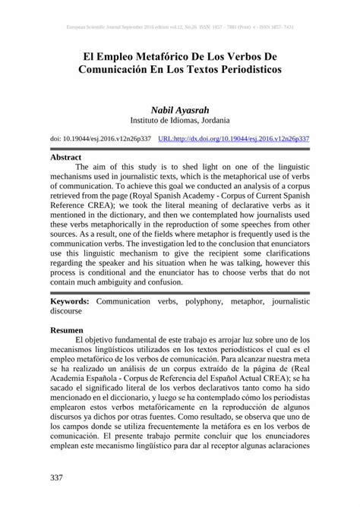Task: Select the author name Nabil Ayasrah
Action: pyautogui.click(x=179, y=110)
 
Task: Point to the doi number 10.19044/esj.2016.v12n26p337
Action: pyautogui.click(x=106, y=140)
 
